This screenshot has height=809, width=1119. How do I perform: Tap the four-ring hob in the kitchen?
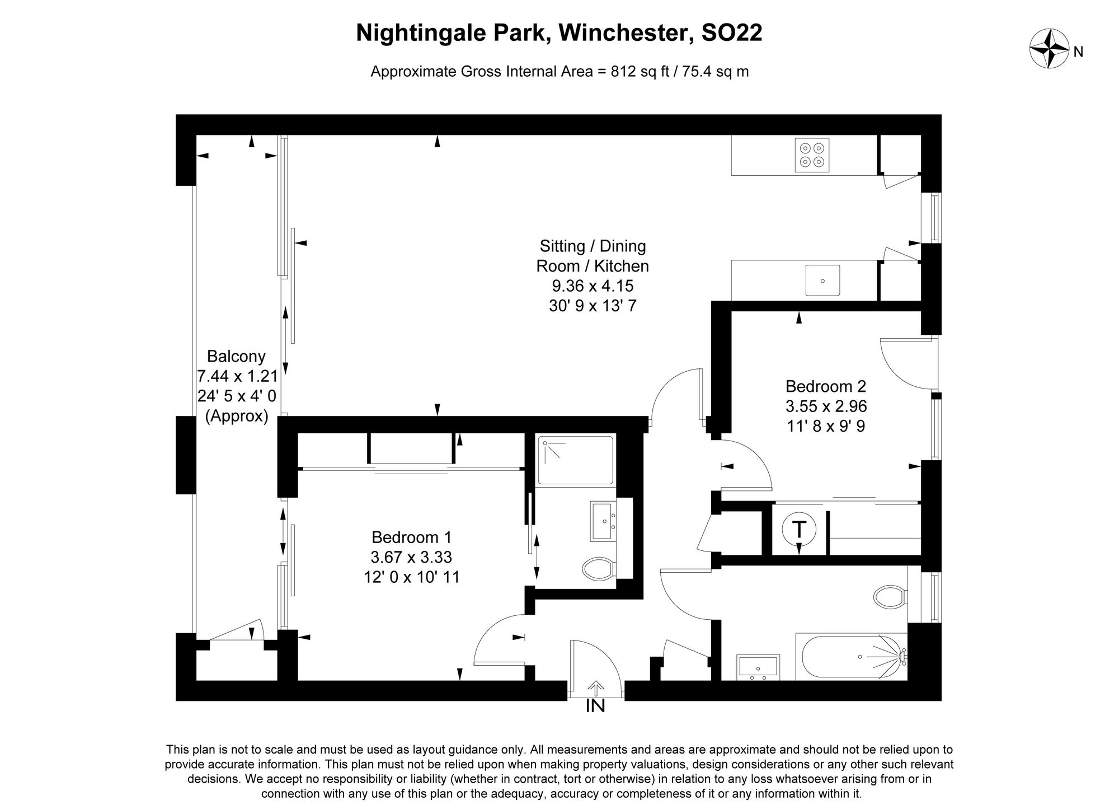point(812,155)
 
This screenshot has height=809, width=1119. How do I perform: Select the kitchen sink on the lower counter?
point(822,280)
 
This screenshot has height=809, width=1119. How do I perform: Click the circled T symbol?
point(799,529)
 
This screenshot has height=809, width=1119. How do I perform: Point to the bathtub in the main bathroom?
point(853,657)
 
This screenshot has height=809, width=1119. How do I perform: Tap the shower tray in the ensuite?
point(576,460)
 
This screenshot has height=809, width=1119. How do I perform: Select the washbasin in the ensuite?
point(602,521)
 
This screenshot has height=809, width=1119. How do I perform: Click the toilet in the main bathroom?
point(890,597)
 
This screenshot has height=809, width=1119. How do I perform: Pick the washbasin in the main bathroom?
point(758,667)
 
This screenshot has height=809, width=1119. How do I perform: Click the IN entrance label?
point(595,707)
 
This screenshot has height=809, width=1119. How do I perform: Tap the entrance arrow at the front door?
point(596,688)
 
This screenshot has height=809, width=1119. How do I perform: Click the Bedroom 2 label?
point(826,386)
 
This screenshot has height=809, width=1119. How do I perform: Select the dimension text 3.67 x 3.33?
point(411,557)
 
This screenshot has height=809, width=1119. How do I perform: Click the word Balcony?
point(236,356)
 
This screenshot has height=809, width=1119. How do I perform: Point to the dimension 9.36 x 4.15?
point(593,286)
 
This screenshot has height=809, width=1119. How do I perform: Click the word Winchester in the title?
point(622,34)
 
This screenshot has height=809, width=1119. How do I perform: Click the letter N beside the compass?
point(1079,53)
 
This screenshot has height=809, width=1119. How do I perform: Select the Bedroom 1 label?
point(411,537)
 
